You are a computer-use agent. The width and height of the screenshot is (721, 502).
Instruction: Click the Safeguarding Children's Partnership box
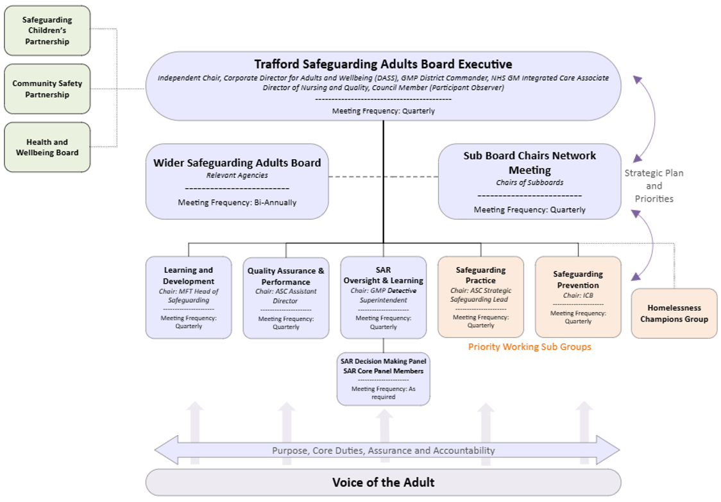(47, 31)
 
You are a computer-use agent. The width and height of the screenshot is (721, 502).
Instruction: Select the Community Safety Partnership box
(47, 89)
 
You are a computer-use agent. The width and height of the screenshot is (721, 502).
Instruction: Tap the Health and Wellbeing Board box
(47, 147)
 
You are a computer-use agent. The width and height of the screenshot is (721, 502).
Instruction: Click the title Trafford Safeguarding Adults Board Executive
(384, 64)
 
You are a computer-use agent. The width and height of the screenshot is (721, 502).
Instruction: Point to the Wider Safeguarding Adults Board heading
(237, 163)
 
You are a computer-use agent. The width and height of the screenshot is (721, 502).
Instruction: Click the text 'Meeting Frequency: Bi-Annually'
(237, 202)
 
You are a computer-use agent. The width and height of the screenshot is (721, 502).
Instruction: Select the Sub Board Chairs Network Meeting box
(530, 181)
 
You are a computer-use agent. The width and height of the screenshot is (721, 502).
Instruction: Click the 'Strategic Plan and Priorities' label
(654, 186)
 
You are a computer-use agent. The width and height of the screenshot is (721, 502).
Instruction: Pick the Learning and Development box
(189, 298)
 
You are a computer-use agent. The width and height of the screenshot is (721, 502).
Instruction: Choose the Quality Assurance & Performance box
(286, 298)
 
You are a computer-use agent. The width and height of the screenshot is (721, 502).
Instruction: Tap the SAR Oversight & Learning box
(384, 298)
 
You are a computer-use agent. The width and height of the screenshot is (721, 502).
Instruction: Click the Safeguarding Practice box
(481, 297)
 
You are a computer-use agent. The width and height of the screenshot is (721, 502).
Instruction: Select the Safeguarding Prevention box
(579, 297)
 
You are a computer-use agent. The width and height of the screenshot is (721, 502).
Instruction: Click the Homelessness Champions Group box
(674, 313)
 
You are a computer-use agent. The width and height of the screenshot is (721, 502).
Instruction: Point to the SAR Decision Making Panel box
(384, 379)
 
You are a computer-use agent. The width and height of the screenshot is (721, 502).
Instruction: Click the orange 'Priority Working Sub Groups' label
(530, 347)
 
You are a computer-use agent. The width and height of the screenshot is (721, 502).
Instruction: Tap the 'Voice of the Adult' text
(384, 482)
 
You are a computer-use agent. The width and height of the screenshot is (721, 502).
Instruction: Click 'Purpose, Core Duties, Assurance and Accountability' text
(384, 451)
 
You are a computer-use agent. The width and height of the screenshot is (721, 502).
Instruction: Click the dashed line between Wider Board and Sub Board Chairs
(384, 177)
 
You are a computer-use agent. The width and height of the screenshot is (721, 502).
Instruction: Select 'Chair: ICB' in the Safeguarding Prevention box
(578, 295)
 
